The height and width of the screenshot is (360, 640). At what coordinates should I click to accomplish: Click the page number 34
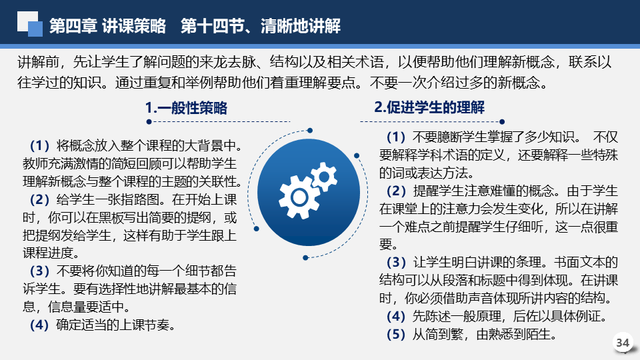pyautogui.click(x=622, y=342)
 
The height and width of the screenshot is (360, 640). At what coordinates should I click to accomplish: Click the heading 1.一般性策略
pyautogui.click(x=186, y=108)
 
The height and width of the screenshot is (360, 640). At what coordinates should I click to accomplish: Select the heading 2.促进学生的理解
pyautogui.click(x=429, y=107)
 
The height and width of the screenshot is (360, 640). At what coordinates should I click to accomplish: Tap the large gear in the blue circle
pyautogui.click(x=299, y=197)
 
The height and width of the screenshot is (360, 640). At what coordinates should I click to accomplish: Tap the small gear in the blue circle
pyautogui.click(x=325, y=177)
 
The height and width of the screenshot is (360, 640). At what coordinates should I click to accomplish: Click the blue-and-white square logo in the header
pyautogui.click(x=30, y=24)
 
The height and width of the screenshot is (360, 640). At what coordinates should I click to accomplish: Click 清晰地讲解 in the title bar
pyautogui.click(x=301, y=26)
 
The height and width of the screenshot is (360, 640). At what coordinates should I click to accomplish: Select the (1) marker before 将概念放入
pyautogui.click(x=39, y=145)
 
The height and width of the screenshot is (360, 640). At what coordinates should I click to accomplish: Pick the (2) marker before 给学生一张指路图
pyautogui.click(x=39, y=199)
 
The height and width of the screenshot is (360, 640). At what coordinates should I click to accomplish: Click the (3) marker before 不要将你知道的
pyautogui.click(x=39, y=271)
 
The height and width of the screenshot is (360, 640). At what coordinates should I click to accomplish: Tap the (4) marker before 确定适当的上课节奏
pyautogui.click(x=39, y=325)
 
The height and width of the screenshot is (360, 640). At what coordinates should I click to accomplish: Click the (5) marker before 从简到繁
pyautogui.click(x=396, y=335)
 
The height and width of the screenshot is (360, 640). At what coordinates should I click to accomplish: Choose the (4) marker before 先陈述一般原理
pyautogui.click(x=396, y=316)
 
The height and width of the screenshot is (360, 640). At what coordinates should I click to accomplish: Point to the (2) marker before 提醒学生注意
pyautogui.click(x=396, y=191)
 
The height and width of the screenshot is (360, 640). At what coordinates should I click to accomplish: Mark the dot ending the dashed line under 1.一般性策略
pyautogui.click(x=149, y=121)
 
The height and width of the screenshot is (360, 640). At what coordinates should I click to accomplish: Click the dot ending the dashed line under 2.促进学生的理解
pyautogui.click(x=502, y=121)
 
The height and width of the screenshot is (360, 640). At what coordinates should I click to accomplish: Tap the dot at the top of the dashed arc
pyautogui.click(x=310, y=131)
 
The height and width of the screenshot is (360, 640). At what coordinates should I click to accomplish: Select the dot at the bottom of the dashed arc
pyautogui.click(x=305, y=257)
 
